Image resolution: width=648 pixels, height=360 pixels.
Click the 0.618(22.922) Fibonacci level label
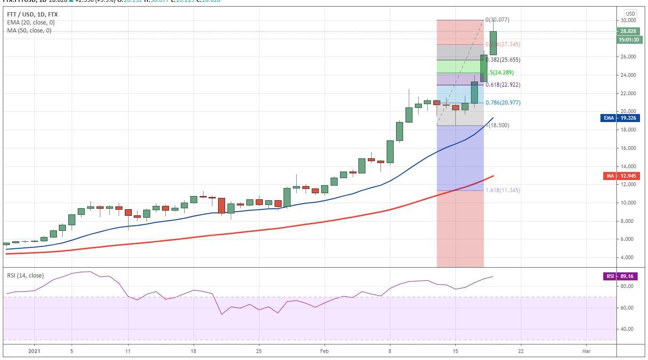click(503, 85)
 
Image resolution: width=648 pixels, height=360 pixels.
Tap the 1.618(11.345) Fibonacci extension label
click(503, 190)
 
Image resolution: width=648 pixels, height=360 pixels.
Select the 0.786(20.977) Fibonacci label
click(503, 103)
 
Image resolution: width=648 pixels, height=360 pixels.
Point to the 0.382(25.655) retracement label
click(503, 60)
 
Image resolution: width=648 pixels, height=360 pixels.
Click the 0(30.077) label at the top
click(497, 20)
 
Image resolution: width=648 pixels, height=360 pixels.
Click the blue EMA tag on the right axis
click(620, 118)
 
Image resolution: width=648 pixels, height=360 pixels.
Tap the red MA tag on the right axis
click(621, 176)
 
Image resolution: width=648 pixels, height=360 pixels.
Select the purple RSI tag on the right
click(621, 276)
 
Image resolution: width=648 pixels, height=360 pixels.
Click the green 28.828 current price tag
click(628, 31)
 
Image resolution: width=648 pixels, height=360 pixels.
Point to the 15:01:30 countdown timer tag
click(628, 40)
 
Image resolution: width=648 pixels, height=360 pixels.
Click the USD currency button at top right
click(630, 14)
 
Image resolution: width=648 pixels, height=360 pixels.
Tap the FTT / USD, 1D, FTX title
click(32, 15)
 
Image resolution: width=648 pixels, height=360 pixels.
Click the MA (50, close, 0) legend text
click(29, 31)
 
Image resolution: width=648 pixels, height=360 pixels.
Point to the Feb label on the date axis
click(324, 352)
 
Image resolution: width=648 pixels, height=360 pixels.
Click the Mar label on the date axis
click(586, 352)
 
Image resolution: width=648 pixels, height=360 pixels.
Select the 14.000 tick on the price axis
click(629, 166)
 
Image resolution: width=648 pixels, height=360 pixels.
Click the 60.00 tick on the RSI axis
click(628, 308)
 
